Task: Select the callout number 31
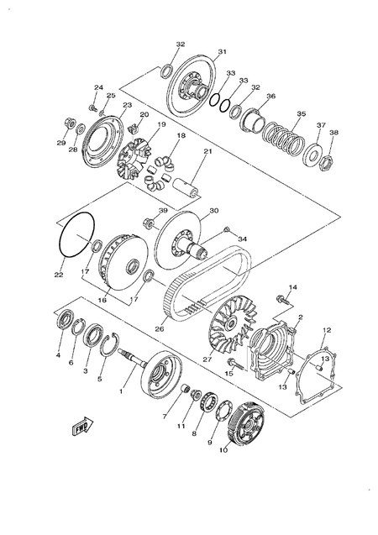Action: pos(222,52)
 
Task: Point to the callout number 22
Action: pos(59,274)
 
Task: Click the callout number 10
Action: pos(224,450)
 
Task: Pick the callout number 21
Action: pos(207,151)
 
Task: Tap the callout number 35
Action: pos(301,114)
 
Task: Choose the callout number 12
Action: pos(327,330)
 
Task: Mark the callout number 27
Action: pos(207,359)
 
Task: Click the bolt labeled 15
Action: pos(237,365)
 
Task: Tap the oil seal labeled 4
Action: pos(61,323)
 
